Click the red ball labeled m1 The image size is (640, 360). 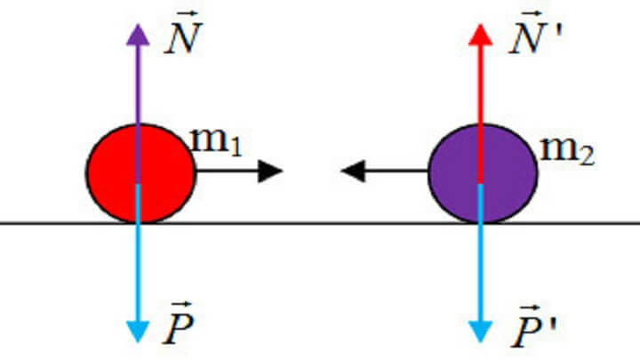coord(140,173)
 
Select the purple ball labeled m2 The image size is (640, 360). coord(483,173)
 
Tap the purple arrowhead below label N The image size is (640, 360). coord(138,35)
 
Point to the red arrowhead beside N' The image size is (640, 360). coord(480,35)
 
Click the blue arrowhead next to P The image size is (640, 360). coord(138,332)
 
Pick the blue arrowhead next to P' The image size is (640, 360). coord(480,332)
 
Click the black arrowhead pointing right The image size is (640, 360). coord(270,171)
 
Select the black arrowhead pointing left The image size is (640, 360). coord(353,171)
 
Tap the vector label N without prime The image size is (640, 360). coord(183,33)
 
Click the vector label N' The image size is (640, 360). coord(535,33)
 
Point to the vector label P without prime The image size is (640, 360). coord(178,324)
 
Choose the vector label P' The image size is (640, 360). coord(533,326)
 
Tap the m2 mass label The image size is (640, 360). coord(567,151)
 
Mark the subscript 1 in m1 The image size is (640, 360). coord(236,148)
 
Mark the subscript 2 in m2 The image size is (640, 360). coord(587,156)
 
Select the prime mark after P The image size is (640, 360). coord(552,324)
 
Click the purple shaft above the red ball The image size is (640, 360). coord(138,84)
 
